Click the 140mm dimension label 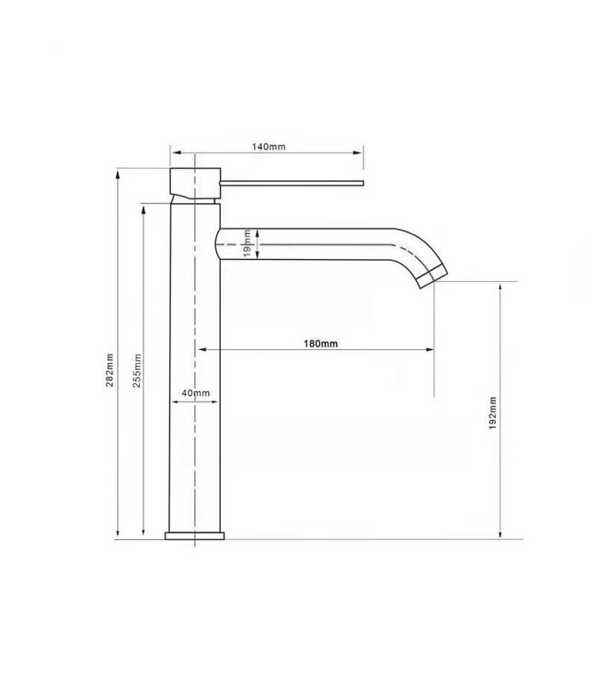pyautogui.click(x=268, y=146)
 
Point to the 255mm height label pyautogui.click(x=137, y=369)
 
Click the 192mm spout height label pyautogui.click(x=492, y=412)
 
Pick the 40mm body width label pyautogui.click(x=196, y=393)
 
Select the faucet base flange pyautogui.click(x=197, y=537)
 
